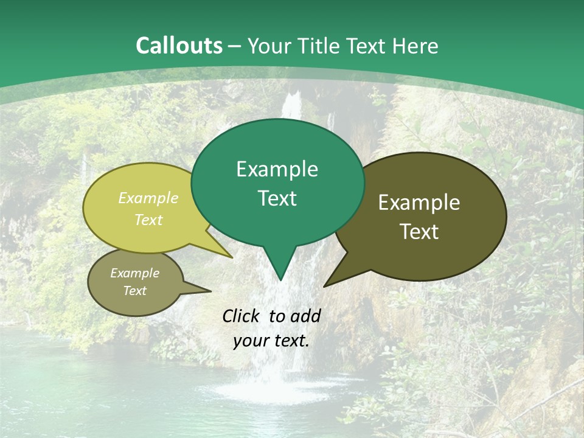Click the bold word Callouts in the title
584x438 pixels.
click(x=179, y=46)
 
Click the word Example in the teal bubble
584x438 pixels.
click(x=277, y=169)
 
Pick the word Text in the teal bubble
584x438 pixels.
click(x=277, y=198)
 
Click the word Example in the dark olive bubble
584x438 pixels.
click(x=419, y=203)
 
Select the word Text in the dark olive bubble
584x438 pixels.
click(x=419, y=231)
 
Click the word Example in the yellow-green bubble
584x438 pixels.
click(x=148, y=198)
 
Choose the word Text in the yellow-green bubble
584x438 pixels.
click(x=148, y=220)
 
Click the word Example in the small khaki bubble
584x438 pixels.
click(x=134, y=273)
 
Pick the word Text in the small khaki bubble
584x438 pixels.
click(x=134, y=291)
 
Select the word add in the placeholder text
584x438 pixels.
click(x=305, y=316)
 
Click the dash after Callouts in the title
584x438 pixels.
click(x=235, y=46)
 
